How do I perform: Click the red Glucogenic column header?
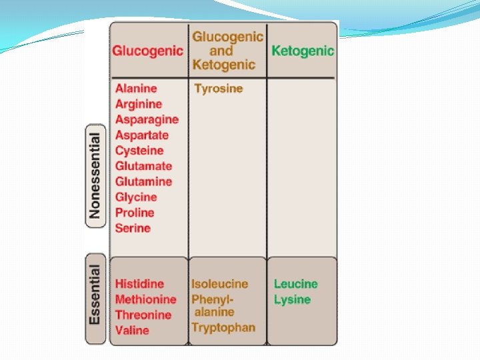click(147, 51)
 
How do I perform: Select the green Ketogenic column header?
click(303, 51)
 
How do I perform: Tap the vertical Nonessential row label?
click(95, 175)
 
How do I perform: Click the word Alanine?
click(136, 88)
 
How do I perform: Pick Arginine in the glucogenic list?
click(138, 104)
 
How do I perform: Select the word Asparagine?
click(147, 119)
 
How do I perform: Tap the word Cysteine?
click(139, 151)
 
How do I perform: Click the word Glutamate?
click(143, 166)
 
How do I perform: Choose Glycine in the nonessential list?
click(136, 197)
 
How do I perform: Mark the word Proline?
click(135, 213)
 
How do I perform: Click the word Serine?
click(133, 228)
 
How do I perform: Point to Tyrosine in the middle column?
click(219, 89)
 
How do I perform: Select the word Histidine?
click(139, 284)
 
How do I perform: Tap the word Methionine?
click(145, 299)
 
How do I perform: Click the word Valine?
click(132, 331)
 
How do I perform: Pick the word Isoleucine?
click(219, 284)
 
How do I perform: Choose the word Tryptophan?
click(223, 327)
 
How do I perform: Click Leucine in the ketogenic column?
click(296, 284)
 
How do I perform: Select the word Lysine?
click(292, 300)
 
